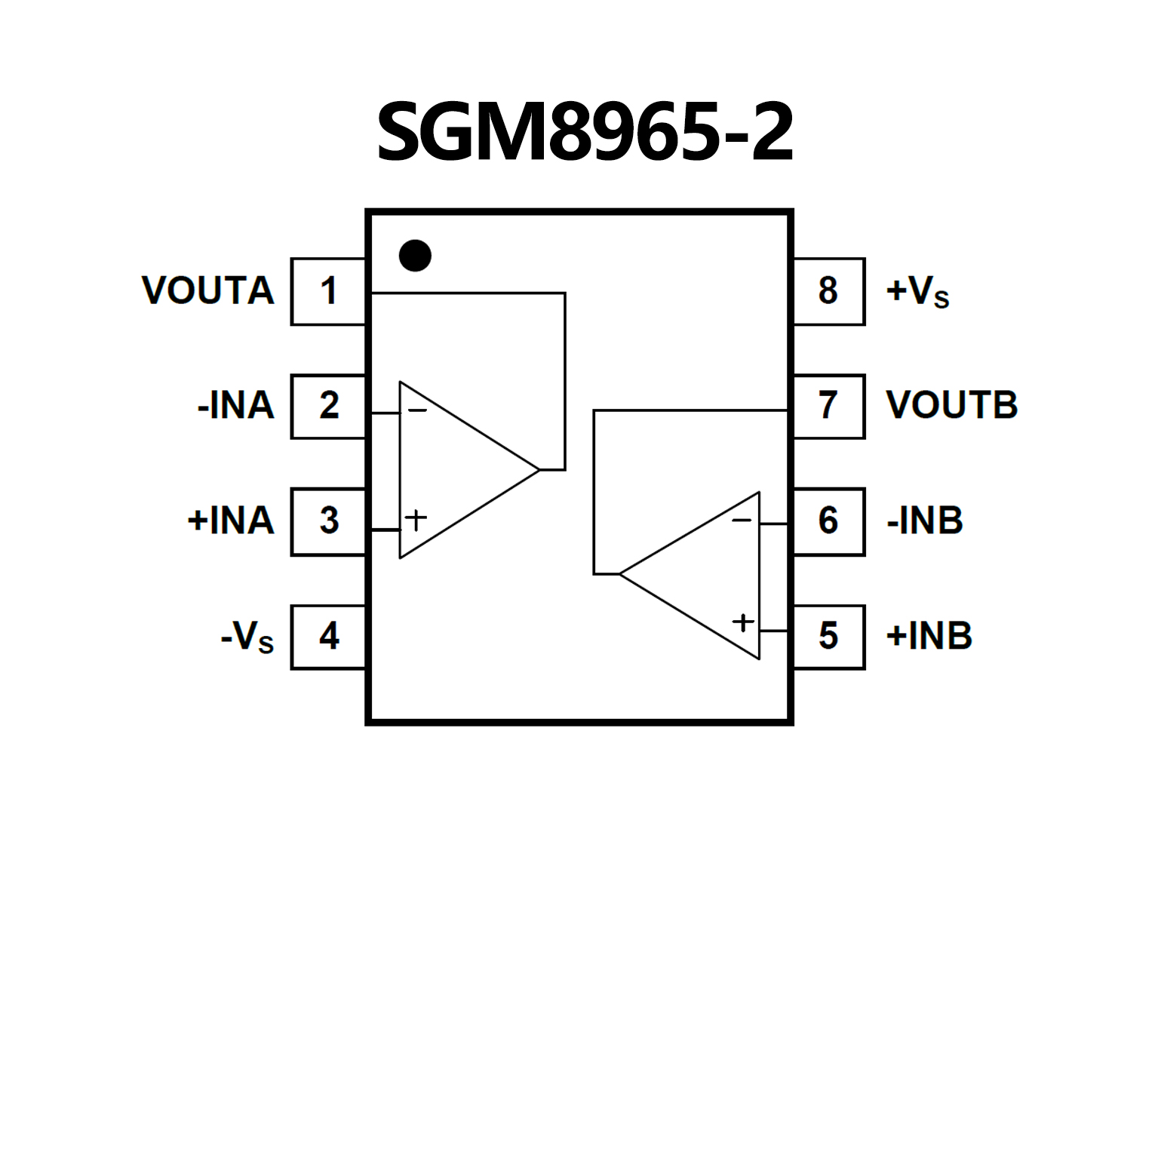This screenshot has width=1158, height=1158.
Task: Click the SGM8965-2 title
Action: (x=585, y=132)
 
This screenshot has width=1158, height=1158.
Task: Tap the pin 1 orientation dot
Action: (x=415, y=256)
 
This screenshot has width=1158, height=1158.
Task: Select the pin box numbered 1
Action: (x=328, y=291)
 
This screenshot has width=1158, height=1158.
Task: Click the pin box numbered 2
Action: (x=328, y=406)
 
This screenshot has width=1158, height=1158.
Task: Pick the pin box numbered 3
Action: (x=328, y=521)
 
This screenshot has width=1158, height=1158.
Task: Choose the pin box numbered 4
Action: (x=328, y=637)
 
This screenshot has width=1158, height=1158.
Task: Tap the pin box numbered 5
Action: (x=828, y=637)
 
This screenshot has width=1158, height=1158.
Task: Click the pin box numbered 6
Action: (x=828, y=521)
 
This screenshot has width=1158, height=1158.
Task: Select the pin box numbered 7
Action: (x=828, y=406)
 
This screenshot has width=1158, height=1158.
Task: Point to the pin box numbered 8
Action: (x=828, y=291)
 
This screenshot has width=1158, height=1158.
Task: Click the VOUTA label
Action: (x=207, y=291)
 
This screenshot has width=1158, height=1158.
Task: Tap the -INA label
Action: (x=235, y=406)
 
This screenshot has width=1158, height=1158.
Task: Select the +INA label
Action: (x=230, y=521)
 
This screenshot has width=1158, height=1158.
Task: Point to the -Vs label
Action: (x=247, y=637)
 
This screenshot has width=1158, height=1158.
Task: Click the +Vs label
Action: (x=917, y=291)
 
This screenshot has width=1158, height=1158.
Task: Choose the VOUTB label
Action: (x=951, y=406)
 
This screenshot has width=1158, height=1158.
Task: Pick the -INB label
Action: (x=925, y=521)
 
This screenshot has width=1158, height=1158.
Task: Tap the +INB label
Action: (x=929, y=637)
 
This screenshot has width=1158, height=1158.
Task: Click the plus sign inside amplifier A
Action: (x=416, y=519)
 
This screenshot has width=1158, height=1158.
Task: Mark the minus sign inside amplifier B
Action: (x=742, y=521)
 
